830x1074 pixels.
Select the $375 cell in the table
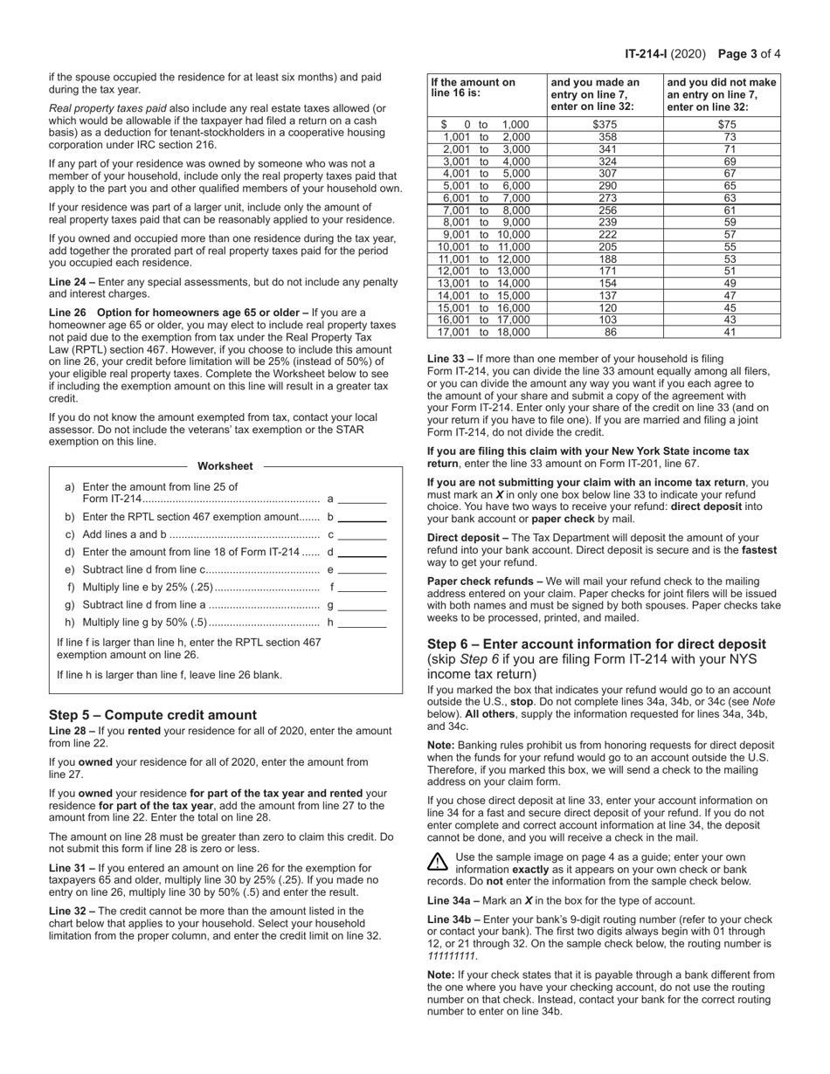coord(605,125)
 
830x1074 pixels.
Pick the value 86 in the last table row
coord(605,332)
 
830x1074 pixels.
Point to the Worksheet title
coord(225,466)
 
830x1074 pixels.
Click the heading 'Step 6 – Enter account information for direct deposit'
coord(596,644)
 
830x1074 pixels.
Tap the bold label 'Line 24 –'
coord(73,282)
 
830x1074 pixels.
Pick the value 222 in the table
coord(605,234)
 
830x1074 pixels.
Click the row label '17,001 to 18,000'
coord(486,332)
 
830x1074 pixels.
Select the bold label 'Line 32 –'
coord(73,911)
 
